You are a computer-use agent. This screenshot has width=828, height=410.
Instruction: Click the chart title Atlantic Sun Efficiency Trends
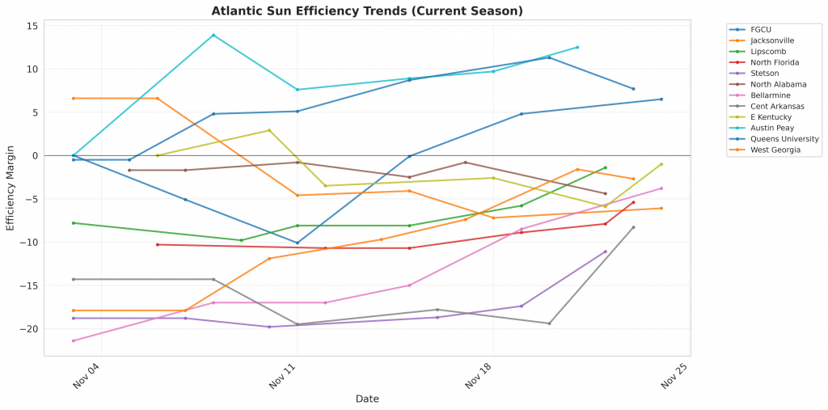(x=367, y=11)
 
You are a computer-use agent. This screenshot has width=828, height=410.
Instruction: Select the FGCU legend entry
(x=761, y=30)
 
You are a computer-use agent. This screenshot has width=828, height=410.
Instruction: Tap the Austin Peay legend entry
(x=772, y=128)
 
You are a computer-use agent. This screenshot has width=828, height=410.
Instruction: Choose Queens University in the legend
(x=784, y=139)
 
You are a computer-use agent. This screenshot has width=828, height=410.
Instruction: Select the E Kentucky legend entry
(x=771, y=117)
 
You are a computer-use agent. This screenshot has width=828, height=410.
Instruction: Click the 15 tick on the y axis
(x=32, y=26)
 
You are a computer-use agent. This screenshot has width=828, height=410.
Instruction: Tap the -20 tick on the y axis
(x=30, y=329)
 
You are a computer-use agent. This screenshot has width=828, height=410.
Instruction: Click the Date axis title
(x=367, y=399)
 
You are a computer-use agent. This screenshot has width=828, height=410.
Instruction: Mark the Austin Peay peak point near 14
(x=213, y=35)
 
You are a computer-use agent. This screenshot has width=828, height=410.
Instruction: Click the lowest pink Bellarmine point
(x=73, y=340)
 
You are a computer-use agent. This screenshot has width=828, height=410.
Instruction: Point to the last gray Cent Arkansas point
(x=633, y=227)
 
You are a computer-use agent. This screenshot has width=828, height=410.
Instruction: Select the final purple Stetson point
(x=606, y=251)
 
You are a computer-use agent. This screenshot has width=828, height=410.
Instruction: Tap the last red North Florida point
(x=633, y=202)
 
